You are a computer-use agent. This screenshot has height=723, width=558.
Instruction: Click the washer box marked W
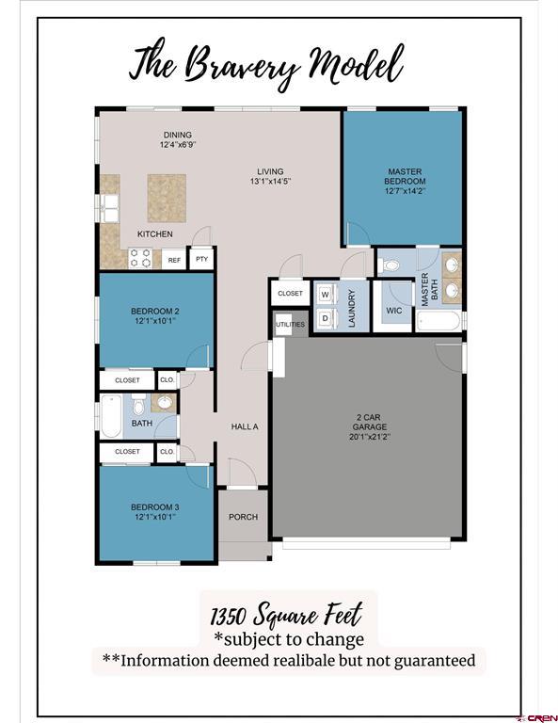click(x=325, y=294)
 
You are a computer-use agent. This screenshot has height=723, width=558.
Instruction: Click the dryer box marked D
click(x=325, y=318)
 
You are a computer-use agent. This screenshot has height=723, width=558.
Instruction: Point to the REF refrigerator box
click(x=173, y=259)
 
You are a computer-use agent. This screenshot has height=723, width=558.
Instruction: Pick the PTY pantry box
click(x=201, y=259)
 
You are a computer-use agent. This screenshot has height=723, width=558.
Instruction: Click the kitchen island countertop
click(x=166, y=197)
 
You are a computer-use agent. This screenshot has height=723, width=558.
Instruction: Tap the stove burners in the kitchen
click(x=140, y=258)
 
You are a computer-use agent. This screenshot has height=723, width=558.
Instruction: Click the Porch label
click(x=244, y=517)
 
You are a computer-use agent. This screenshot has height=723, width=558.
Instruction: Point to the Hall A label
click(x=245, y=426)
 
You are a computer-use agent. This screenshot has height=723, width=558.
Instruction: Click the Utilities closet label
click(x=290, y=325)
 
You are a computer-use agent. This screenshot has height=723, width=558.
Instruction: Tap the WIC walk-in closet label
click(x=393, y=310)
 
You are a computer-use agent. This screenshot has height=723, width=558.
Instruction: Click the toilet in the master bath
click(x=391, y=265)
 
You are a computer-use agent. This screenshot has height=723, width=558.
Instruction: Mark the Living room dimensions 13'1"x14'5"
click(x=269, y=181)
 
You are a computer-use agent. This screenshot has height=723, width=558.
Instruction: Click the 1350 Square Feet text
click(x=286, y=617)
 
